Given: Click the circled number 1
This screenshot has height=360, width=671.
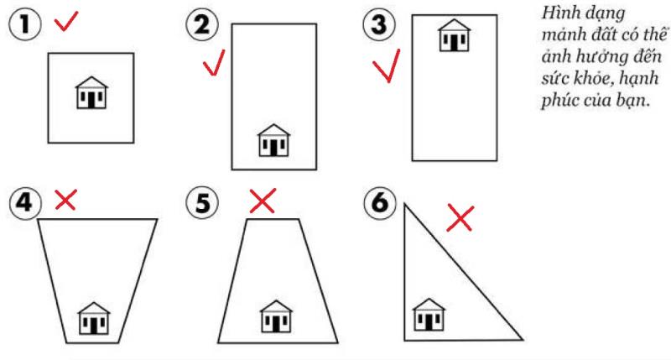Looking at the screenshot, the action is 25,24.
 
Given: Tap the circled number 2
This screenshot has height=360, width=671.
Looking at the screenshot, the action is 202,24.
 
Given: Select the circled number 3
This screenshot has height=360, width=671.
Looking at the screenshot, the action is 379,24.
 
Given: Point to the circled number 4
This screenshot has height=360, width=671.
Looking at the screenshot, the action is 25,202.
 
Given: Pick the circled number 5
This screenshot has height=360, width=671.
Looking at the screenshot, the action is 202,202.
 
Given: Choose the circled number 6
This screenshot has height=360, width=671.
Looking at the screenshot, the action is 380,202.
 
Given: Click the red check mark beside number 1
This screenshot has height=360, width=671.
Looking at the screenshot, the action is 66,21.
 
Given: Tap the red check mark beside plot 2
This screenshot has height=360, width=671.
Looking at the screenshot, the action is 214,63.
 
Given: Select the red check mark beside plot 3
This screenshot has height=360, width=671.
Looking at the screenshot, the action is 387,65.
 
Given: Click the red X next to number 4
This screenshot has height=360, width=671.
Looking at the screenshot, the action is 66,200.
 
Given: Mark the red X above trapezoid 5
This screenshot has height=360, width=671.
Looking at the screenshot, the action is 263,201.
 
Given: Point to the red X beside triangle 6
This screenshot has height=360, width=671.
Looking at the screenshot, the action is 460,219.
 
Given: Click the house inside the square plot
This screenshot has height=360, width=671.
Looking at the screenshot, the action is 91,92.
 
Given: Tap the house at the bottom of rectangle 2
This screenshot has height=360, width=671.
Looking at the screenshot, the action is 274,140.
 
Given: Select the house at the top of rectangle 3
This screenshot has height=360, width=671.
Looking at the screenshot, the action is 455,35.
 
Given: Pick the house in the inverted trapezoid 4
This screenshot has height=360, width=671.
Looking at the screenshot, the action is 94,319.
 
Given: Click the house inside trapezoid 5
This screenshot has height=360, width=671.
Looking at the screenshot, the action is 277,316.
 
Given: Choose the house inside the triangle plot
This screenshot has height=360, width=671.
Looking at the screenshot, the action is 429,315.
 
